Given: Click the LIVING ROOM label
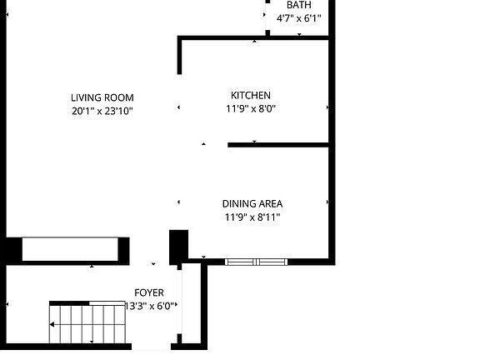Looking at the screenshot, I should click(x=102, y=97).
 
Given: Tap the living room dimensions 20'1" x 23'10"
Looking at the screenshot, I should click(x=102, y=110).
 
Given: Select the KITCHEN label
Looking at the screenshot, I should click(x=250, y=96).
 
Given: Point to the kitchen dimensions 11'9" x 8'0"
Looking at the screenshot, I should click(x=250, y=108).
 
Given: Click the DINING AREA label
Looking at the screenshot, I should click(x=252, y=204).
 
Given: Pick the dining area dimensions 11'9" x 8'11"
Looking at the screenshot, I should click(x=252, y=217).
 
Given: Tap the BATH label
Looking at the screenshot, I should click(x=299, y=5).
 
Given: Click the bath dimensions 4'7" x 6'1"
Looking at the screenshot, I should click(x=298, y=17).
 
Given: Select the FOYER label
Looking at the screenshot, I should click(x=149, y=293).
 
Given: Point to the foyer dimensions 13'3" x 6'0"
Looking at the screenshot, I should click(x=151, y=306).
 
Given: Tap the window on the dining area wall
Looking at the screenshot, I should click(x=256, y=262).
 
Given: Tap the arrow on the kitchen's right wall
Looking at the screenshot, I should click(x=327, y=108).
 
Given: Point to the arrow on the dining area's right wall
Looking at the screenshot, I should click(x=327, y=202).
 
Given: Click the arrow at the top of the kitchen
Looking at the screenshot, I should click(x=255, y=40).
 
